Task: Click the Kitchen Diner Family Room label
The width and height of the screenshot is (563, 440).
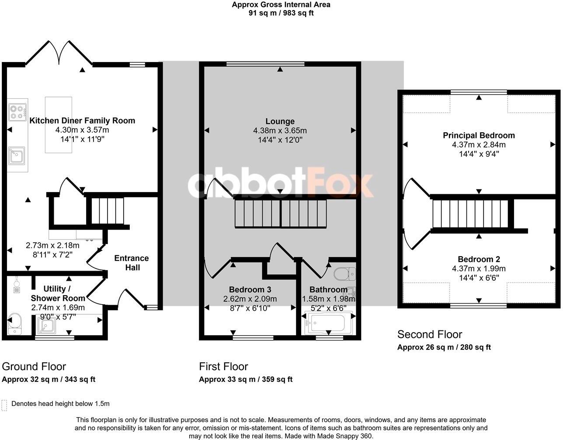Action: (x=82, y=120)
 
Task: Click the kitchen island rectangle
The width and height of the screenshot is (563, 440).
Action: (x=59, y=125)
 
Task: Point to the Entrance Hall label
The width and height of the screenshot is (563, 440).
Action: (x=132, y=262)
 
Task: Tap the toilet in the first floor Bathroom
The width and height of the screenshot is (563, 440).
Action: (x=344, y=274)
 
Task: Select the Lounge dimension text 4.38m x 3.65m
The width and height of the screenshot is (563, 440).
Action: (x=280, y=131)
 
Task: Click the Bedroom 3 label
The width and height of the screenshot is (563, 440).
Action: (x=250, y=289)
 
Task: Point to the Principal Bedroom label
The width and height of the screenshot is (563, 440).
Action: (x=479, y=135)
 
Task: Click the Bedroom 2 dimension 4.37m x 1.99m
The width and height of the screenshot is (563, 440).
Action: (x=479, y=268)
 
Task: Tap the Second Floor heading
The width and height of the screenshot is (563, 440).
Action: (x=429, y=334)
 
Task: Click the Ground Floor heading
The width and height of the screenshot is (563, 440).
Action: (x=34, y=366)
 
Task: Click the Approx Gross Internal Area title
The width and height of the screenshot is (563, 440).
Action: (x=281, y=5)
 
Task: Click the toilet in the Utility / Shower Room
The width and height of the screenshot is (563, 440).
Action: (x=15, y=323)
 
